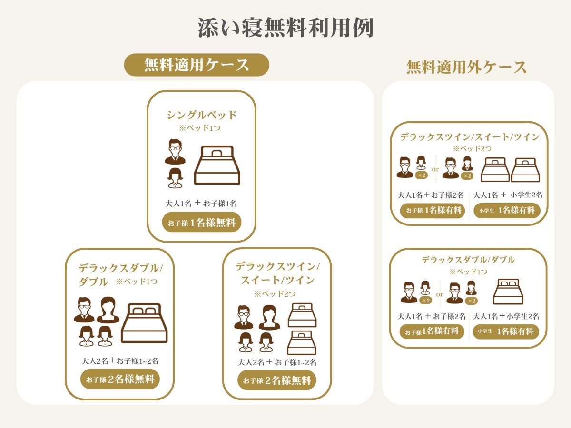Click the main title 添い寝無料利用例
285,28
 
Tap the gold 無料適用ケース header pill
197,65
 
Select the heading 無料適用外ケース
466,67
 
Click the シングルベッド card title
202,115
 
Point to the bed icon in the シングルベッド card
217,165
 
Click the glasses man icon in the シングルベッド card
175,152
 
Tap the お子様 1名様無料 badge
202,223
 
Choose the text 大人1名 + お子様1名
201,203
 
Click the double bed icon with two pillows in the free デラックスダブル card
144,323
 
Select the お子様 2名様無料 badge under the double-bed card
120,379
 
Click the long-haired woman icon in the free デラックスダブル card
108,310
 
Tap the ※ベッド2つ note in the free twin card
275,294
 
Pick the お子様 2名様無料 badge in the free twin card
277,380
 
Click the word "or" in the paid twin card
435,169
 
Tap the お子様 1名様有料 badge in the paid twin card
433,211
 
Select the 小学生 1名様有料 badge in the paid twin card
507,211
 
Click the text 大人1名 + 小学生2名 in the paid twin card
508,195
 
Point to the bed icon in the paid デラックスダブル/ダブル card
508,292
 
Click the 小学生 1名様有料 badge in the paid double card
506,331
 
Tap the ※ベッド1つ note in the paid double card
468,272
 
